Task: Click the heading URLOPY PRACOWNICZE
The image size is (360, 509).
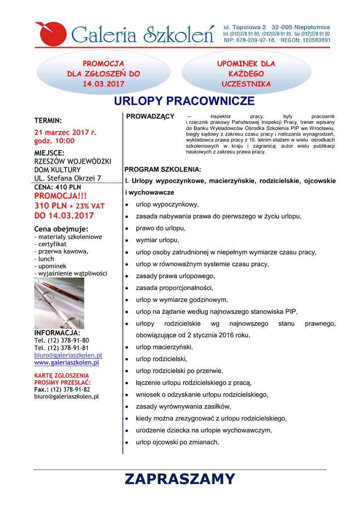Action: click(x=184, y=102)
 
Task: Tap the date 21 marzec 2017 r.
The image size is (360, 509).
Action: click(x=65, y=132)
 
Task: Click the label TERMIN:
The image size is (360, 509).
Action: click(x=48, y=120)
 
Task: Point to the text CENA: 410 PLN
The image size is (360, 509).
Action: click(x=57, y=187)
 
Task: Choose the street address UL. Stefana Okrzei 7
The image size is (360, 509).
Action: click(x=68, y=178)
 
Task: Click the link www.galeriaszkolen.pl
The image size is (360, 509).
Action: click(x=66, y=362)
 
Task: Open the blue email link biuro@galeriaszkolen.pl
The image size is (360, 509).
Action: click(x=68, y=355)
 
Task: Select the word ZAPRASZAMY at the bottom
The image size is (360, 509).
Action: click(x=180, y=479)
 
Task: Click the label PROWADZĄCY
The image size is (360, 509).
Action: click(x=150, y=116)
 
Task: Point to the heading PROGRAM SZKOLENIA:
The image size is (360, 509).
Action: click(x=163, y=169)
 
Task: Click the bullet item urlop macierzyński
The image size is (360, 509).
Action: click(x=164, y=347)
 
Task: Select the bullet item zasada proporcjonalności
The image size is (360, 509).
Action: click(x=175, y=288)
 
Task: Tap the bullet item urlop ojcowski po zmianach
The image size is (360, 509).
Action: click(x=177, y=442)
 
